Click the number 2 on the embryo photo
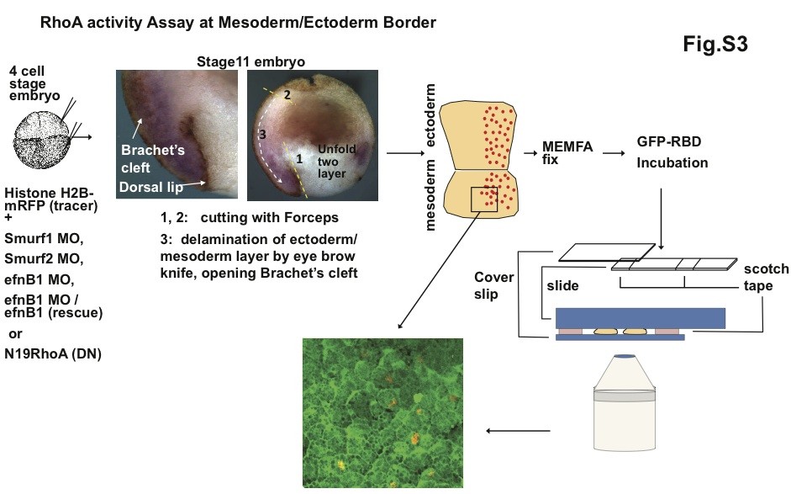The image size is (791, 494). coord(287,96)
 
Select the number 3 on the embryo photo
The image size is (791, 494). coord(262,133)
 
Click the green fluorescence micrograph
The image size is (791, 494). coord(382,412)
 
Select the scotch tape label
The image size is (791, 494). coord(766,277)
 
